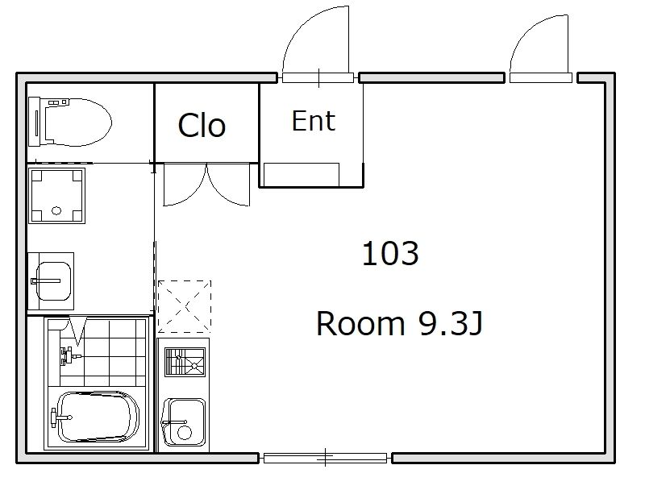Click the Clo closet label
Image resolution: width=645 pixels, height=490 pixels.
[202, 126]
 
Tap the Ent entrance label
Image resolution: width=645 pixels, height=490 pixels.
[314, 121]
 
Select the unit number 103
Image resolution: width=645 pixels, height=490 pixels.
[390, 254]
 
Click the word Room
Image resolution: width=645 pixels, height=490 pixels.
[360, 324]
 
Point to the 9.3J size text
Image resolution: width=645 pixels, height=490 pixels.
[450, 324]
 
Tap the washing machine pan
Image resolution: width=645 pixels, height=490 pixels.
[56, 196]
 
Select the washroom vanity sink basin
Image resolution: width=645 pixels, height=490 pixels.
[53, 281]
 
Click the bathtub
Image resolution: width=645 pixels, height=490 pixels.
[98, 417]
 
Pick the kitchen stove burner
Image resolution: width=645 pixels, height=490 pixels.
[185, 362]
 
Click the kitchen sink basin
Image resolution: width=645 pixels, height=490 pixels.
[184, 422]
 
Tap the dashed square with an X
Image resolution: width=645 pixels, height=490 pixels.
[185, 307]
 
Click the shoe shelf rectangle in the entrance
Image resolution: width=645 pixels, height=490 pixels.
[302, 175]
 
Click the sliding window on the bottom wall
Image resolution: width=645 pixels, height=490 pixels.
[325, 458]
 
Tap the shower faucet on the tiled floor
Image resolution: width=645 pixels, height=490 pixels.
[69, 355]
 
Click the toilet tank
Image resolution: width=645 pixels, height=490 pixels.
[35, 122]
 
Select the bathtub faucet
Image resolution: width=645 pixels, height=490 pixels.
[60, 417]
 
